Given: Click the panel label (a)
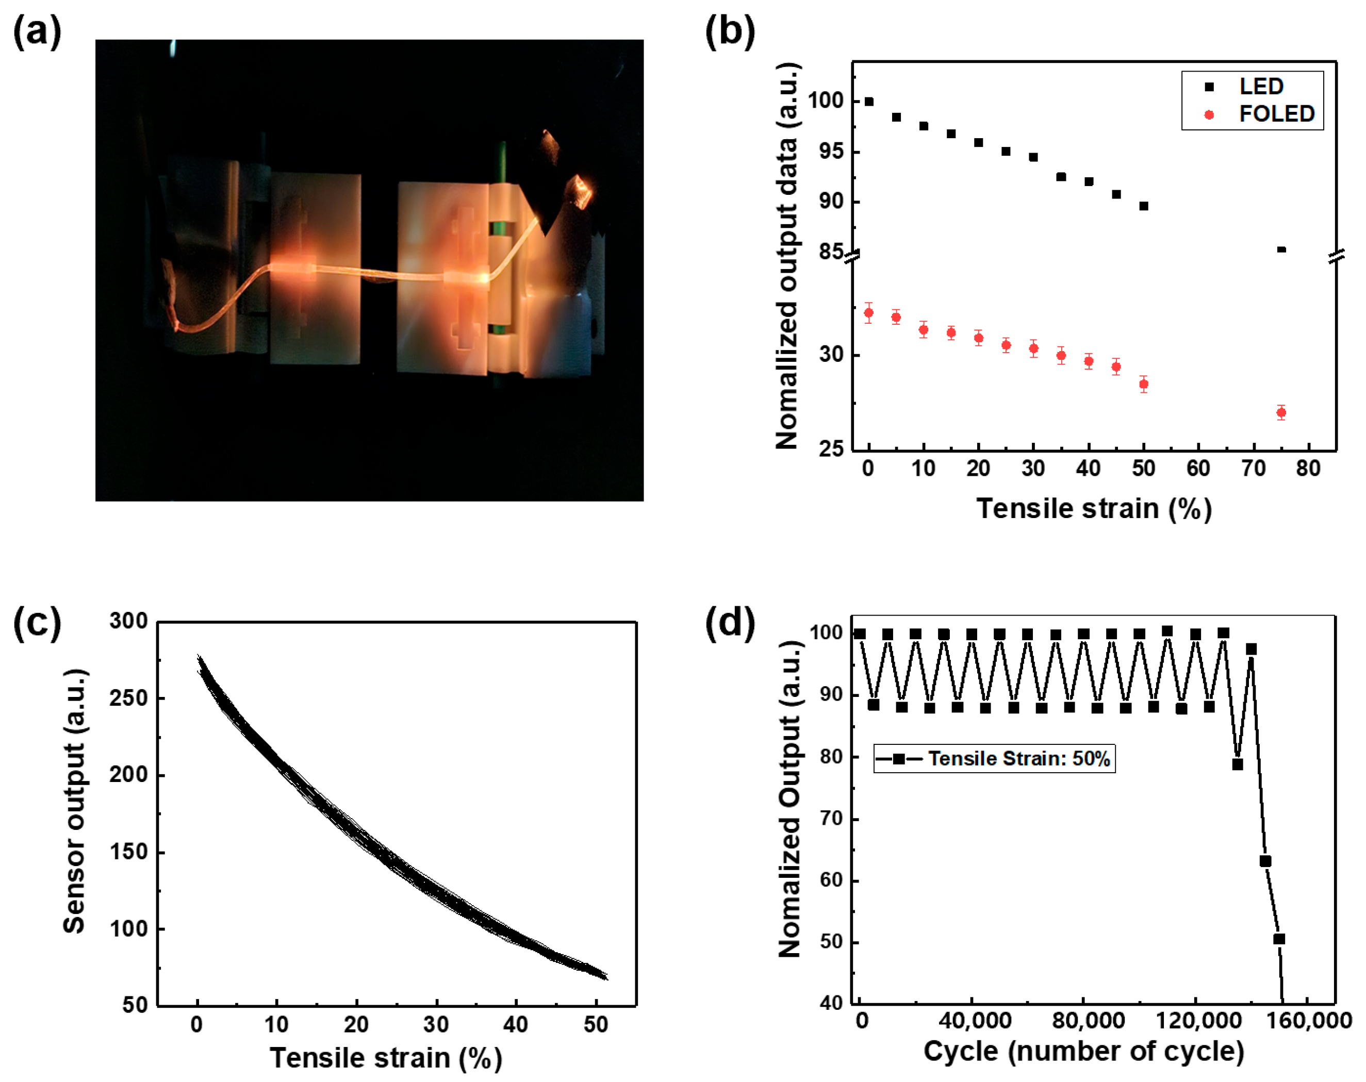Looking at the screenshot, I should coord(37,31).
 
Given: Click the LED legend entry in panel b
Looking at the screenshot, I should coord(1260,86).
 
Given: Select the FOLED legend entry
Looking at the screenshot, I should coord(1275,114).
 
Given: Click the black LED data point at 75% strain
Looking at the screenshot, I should coord(1281,249).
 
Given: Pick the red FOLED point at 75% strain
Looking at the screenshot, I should coord(1281,412).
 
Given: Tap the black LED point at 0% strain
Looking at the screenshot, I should coord(868,102).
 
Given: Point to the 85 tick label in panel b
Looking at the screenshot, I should coord(831,252).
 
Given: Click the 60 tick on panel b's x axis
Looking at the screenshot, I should coord(1198,469).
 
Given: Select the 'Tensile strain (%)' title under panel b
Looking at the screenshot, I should coord(1094,509).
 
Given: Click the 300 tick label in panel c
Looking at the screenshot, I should coord(128,621).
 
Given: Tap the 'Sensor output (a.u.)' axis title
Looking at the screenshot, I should coord(75,802).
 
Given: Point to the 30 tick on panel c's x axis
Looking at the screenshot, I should coord(436,1025).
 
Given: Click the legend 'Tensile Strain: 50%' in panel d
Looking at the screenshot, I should coord(994,758).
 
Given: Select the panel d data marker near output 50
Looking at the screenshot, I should coord(1278,939).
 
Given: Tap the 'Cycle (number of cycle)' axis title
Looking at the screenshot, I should coord(1083,1052).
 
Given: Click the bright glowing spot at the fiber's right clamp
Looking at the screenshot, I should coord(483,277).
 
